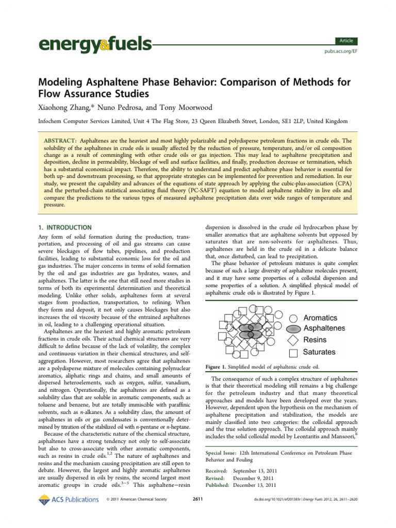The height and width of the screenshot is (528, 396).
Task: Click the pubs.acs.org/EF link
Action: (x=340, y=52)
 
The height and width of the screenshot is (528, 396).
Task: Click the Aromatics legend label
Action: (x=320, y=318)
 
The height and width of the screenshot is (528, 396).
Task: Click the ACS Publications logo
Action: (x=69, y=499)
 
